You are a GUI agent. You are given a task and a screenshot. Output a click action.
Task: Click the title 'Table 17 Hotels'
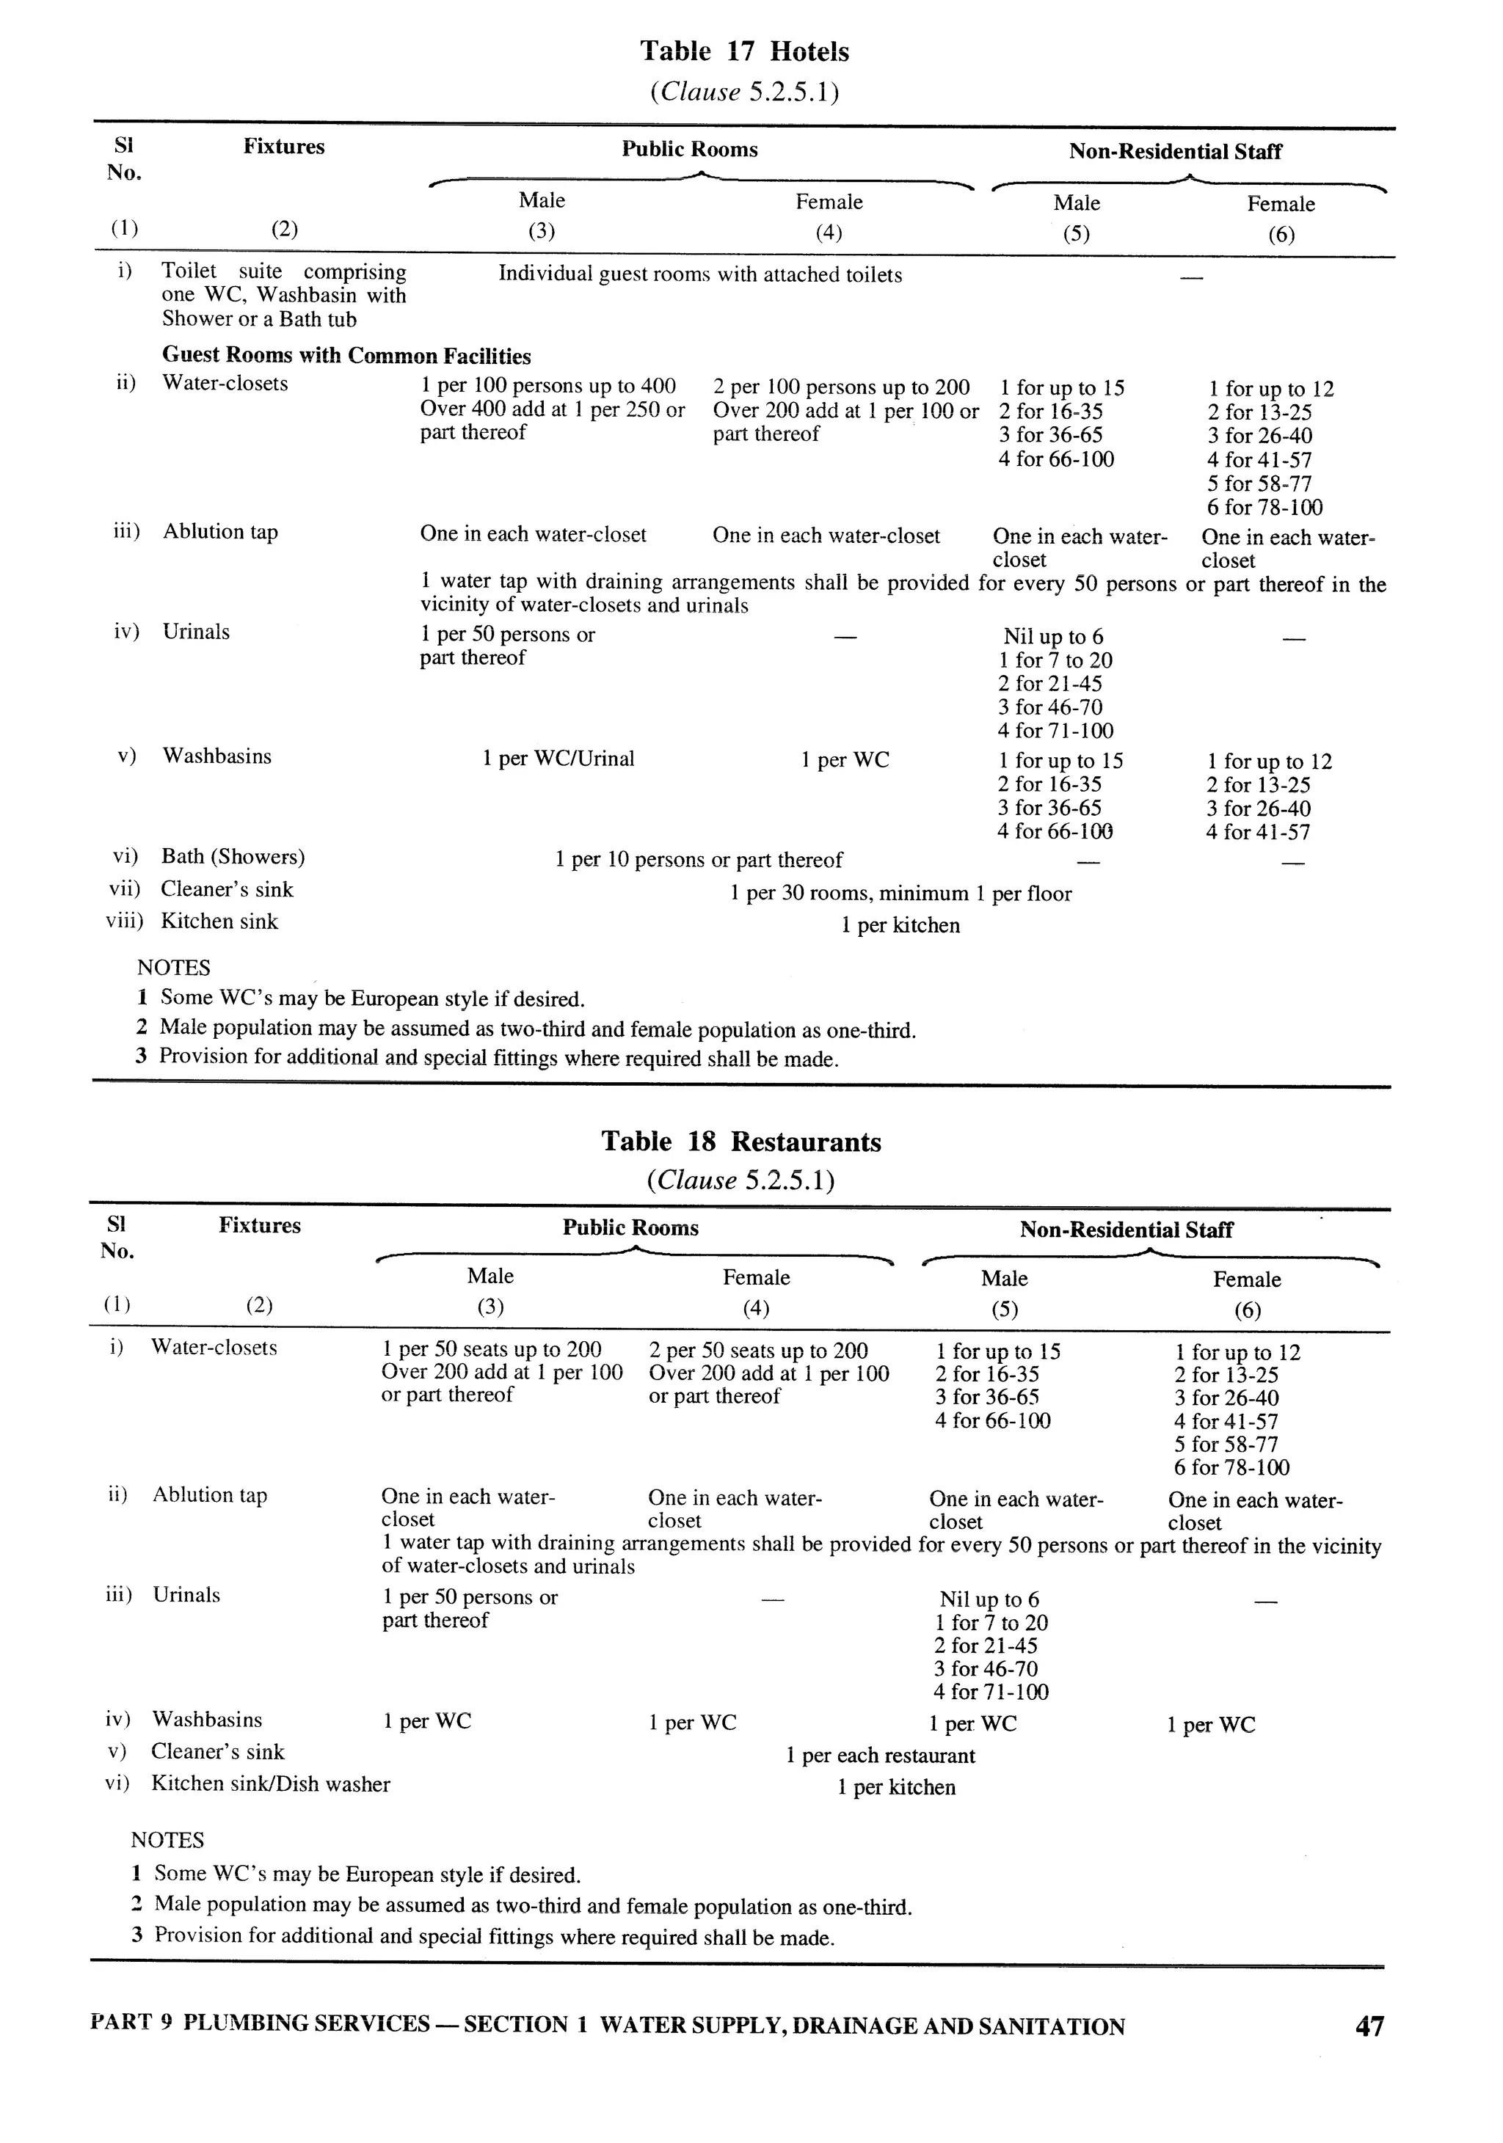pyautogui.click(x=744, y=51)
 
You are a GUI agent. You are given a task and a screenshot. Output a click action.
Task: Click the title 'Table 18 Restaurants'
pyautogui.click(x=740, y=1142)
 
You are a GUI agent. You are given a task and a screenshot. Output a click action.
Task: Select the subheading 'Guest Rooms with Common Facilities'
pyautogui.click(x=346, y=356)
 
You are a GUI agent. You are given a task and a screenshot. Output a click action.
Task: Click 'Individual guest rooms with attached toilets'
pyautogui.click(x=699, y=274)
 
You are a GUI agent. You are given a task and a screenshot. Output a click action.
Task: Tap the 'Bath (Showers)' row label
pyautogui.click(x=233, y=857)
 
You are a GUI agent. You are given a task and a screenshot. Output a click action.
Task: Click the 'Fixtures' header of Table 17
pyautogui.click(x=284, y=147)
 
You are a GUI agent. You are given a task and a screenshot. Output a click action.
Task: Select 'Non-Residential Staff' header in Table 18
pyautogui.click(x=1126, y=1230)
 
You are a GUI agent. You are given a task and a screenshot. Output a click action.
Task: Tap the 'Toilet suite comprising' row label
pyautogui.click(x=284, y=271)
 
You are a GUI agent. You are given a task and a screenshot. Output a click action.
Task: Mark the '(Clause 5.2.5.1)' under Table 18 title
pyautogui.click(x=740, y=1180)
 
